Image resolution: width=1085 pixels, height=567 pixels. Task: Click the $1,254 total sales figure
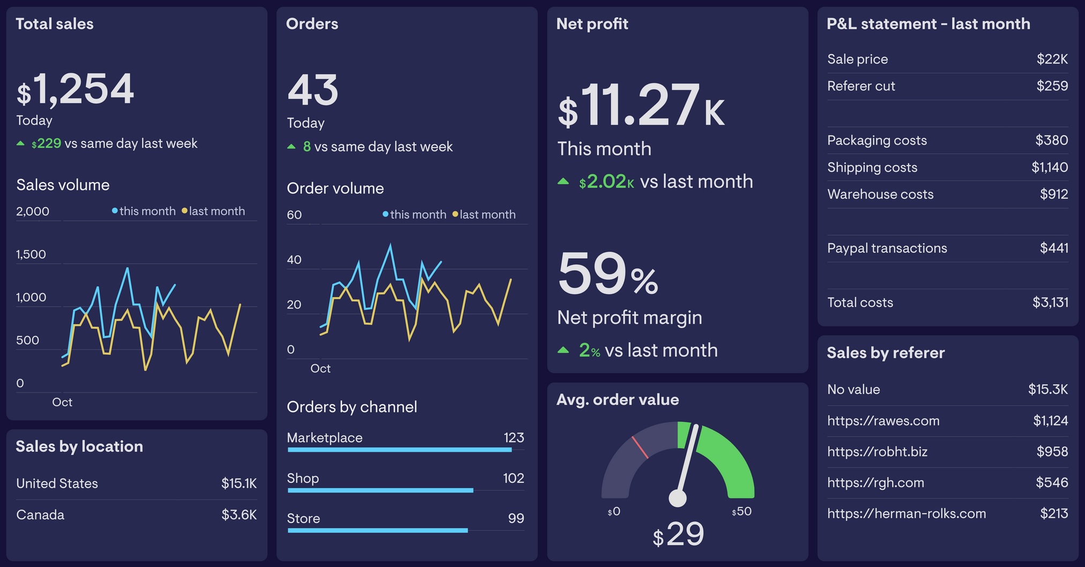76,89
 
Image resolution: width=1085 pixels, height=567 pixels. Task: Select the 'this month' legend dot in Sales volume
115,211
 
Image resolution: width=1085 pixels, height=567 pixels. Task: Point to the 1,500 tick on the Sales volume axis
31,254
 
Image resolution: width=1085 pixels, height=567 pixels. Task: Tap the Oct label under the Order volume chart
320,368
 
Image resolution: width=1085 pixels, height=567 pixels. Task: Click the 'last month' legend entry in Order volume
485,214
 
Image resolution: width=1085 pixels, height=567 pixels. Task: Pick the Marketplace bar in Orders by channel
399,450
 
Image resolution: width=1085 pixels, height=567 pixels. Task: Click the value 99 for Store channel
516,518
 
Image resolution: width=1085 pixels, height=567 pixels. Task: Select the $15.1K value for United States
239,483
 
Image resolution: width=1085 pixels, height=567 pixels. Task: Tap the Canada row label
40,515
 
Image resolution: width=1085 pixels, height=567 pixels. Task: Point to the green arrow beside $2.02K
563,181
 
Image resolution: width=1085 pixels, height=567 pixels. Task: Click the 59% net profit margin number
607,274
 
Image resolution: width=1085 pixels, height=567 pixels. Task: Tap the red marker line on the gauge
640,447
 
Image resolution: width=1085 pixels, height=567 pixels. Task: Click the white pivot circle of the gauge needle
678,498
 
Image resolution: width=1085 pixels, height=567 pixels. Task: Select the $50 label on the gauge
742,511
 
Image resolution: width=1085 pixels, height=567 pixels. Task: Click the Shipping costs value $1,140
1049,167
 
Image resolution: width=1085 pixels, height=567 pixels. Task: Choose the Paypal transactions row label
887,248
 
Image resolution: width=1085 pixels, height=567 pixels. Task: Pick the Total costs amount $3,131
1050,302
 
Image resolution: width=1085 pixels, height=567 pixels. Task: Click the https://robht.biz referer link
877,452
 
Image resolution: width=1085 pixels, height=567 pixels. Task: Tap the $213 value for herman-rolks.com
1053,513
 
